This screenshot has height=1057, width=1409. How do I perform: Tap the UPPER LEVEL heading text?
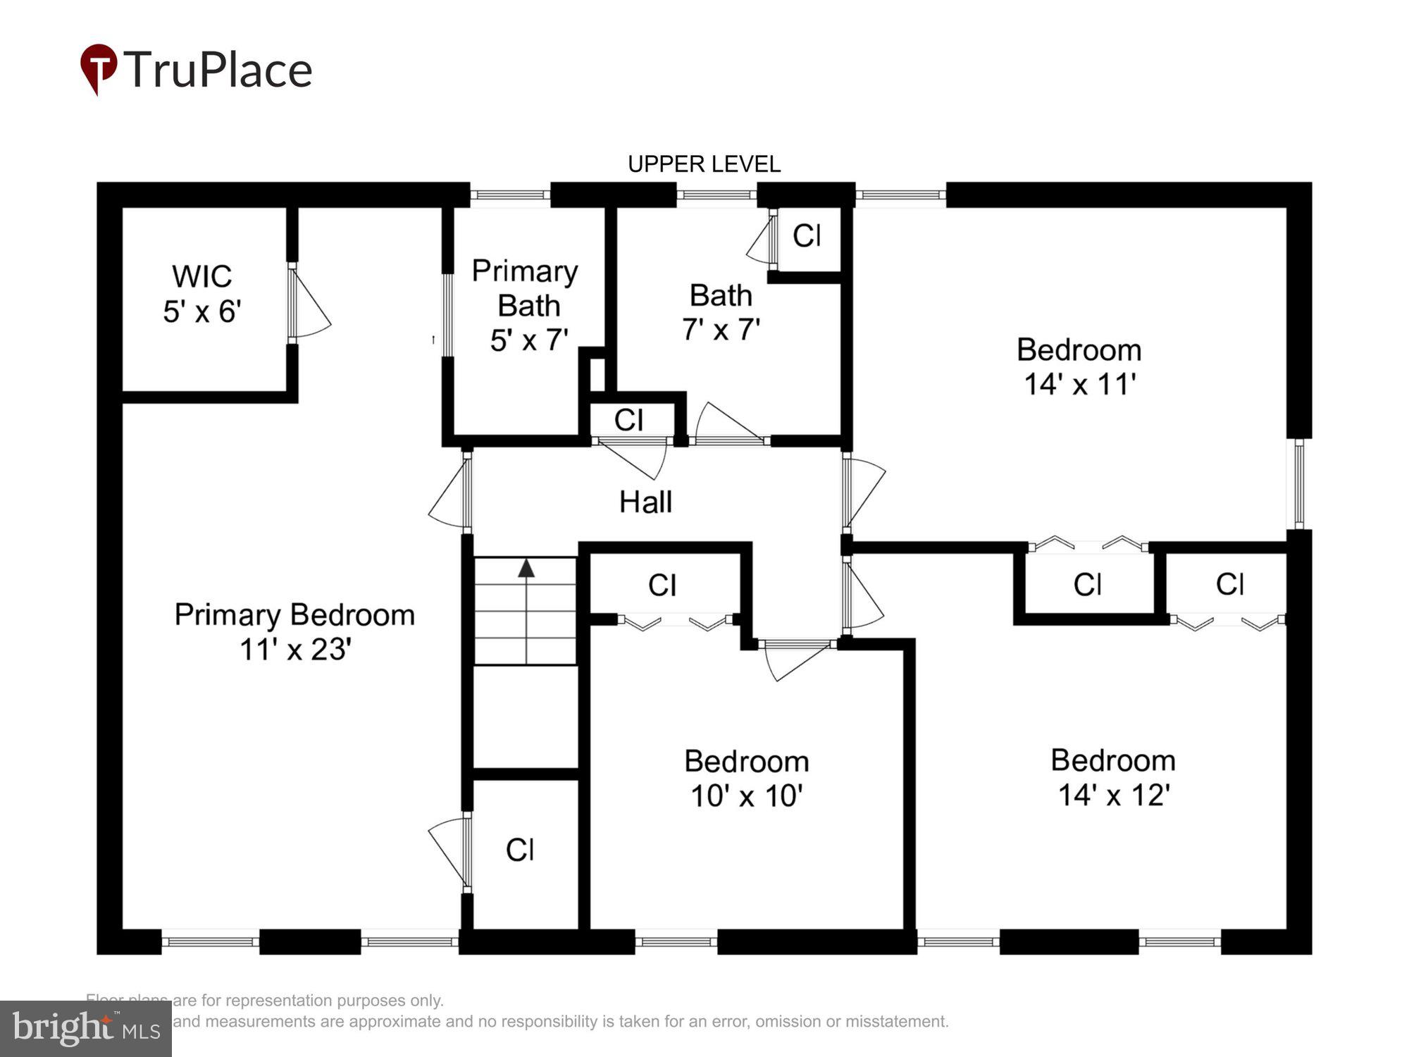point(704,164)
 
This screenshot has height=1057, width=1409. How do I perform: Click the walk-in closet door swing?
point(310,304)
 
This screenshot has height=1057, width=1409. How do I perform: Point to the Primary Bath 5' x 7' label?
point(526,305)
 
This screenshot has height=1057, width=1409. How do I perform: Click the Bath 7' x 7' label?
point(721,312)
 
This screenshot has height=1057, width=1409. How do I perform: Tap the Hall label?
point(645,502)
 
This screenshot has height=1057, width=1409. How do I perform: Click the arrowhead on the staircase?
point(526,568)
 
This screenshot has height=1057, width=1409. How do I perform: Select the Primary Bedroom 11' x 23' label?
point(294,632)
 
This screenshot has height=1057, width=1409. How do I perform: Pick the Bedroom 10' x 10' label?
point(746,779)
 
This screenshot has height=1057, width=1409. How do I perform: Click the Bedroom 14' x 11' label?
point(1079,367)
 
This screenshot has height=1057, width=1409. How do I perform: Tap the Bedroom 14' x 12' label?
point(1113,778)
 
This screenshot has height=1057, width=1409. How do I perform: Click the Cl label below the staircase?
point(520,850)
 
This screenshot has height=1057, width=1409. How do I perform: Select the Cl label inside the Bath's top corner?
point(807,236)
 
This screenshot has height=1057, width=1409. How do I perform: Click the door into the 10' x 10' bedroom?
point(796,659)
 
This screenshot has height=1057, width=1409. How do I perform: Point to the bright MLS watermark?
point(85,1029)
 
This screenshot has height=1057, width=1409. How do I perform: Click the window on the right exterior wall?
point(1300,483)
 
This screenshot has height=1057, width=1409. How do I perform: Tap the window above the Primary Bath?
point(510,194)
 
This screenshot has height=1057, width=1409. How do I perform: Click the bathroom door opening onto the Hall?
point(729,426)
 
